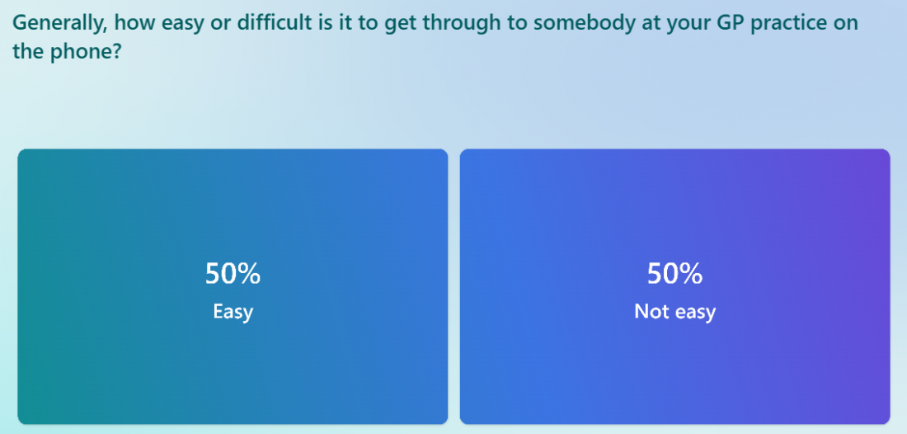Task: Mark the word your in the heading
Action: [680, 25]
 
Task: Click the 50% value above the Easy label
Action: [233, 273]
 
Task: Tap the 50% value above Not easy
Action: [674, 273]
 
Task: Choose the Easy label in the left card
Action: [233, 312]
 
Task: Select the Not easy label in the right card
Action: [674, 312]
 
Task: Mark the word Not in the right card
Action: [648, 311]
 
